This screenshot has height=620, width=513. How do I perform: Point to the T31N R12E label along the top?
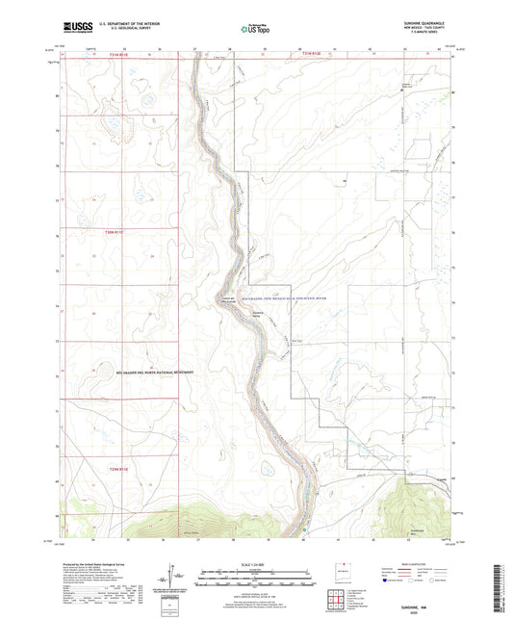pyautogui.click(x=316, y=55)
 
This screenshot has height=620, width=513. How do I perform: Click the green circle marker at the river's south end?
pyautogui.click(x=304, y=527)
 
